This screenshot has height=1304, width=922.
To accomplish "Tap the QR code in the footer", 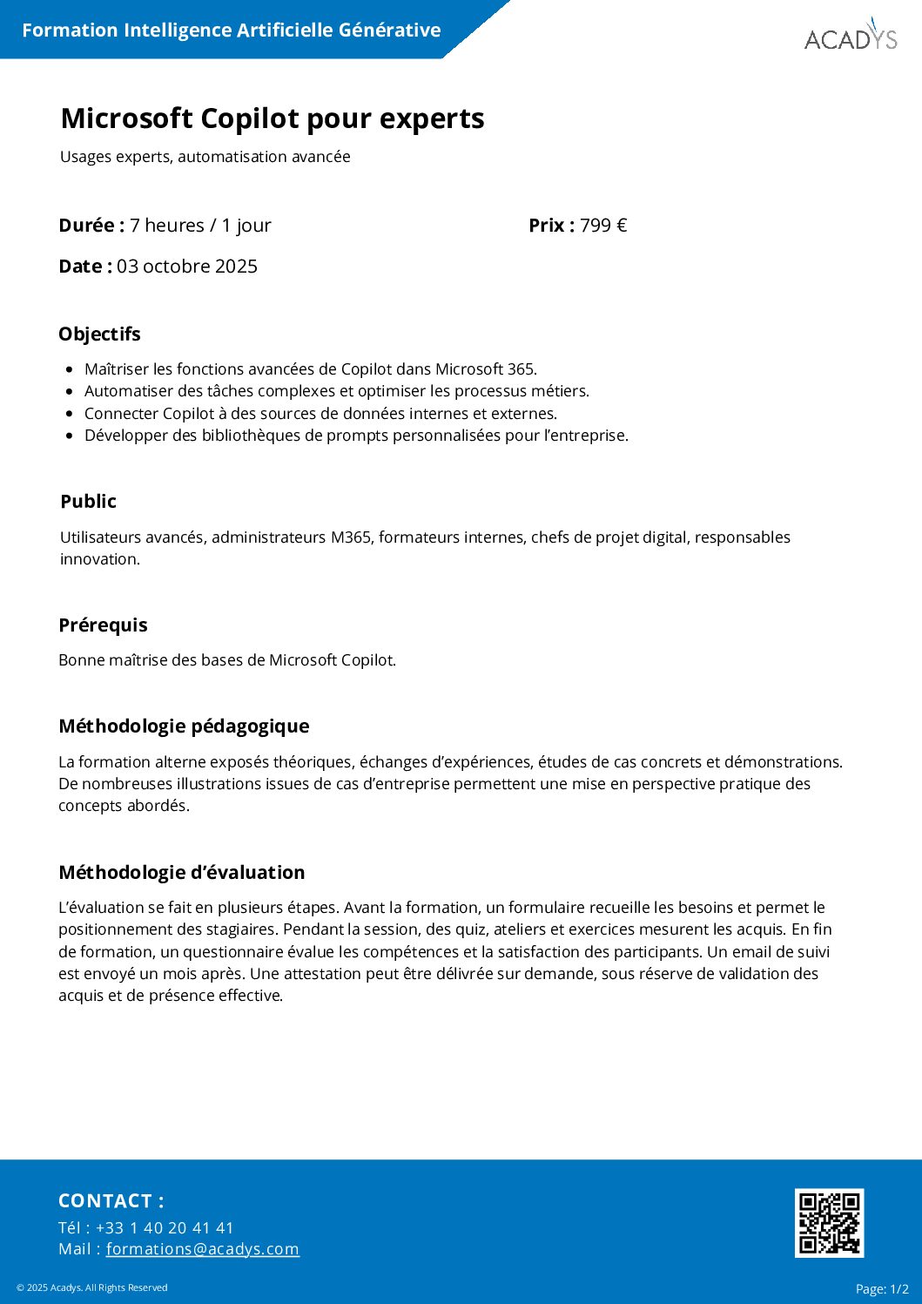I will point(829,1222).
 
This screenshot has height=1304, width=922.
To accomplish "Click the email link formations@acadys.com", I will point(203,1249).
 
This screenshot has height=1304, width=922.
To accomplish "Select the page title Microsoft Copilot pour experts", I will point(273,118).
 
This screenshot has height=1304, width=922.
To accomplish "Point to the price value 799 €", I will point(603,226).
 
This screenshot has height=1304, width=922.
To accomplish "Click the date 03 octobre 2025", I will point(187,267).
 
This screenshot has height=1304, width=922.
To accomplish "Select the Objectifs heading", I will point(99,334).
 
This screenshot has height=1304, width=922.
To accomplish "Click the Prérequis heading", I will point(103,625).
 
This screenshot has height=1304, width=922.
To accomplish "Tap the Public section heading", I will point(88,502).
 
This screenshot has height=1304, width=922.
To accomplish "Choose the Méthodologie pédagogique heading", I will point(184,726).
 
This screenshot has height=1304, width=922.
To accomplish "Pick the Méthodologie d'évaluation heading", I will point(182,873).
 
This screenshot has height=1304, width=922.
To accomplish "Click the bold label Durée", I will point(91,226).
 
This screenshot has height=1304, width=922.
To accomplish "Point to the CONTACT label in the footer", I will point(111,1201).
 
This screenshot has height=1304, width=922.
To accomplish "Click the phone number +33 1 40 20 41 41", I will point(165,1228).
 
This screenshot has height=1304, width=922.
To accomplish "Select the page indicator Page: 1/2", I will point(882,1289).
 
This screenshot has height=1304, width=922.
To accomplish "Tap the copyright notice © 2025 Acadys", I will point(91,1287).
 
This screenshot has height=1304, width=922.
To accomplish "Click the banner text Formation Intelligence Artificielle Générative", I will point(232,30).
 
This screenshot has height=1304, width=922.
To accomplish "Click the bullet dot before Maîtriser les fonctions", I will point(70,369).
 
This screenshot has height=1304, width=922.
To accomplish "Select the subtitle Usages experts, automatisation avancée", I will point(205,157).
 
